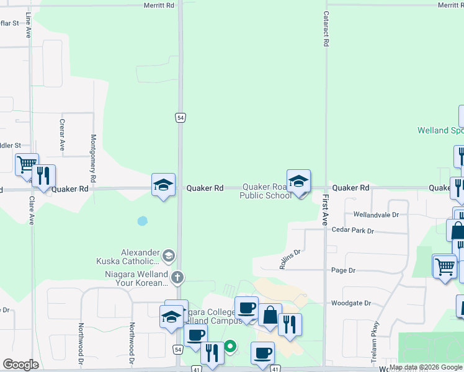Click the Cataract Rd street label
(x=325, y=29)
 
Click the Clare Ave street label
(x=31, y=210)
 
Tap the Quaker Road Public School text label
(x=265, y=191)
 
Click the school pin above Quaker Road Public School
(x=298, y=181)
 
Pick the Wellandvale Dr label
(x=375, y=215)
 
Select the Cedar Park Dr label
(x=353, y=231)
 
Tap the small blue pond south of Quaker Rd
(x=143, y=220)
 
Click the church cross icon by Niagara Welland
(x=177, y=277)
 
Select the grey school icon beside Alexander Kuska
(x=168, y=255)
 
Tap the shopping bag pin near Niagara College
(x=270, y=315)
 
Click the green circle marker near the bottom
(x=230, y=347)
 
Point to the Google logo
(x=20, y=365)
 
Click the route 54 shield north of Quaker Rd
(x=181, y=118)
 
